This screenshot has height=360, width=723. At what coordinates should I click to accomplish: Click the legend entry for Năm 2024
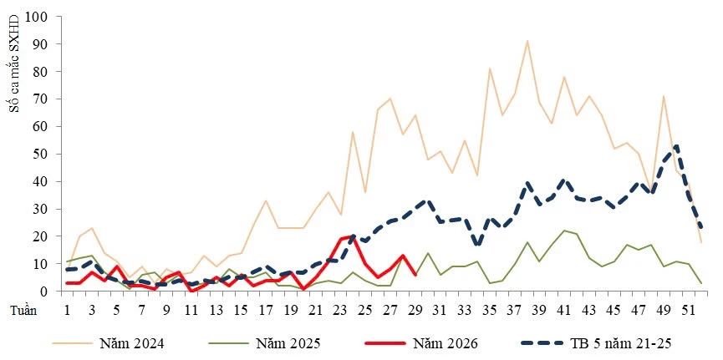[x=108, y=343]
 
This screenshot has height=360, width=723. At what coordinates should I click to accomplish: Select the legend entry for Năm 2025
[x=264, y=343]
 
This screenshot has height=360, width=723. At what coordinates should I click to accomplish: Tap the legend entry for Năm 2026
[x=421, y=343]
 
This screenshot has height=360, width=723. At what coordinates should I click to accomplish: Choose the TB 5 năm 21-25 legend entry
[x=597, y=343]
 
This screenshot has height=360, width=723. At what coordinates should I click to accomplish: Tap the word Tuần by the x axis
[x=24, y=310]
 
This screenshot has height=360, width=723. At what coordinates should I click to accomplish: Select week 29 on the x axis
[x=415, y=310]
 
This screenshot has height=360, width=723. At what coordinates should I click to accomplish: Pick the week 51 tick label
[x=689, y=310]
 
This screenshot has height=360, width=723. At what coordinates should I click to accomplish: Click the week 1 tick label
[x=68, y=310]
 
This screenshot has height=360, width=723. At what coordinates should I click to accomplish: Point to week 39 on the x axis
[x=540, y=310]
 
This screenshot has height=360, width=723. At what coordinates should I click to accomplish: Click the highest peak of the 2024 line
[x=527, y=41]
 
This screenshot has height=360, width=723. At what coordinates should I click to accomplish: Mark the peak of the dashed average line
[x=676, y=145]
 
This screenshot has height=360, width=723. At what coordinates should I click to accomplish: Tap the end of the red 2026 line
[x=415, y=275]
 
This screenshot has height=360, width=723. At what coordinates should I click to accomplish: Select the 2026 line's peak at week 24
[x=354, y=236]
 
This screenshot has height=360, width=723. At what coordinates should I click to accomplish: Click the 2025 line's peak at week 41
[x=564, y=231]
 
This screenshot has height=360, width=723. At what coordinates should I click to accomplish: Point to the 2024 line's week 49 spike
[x=664, y=96]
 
